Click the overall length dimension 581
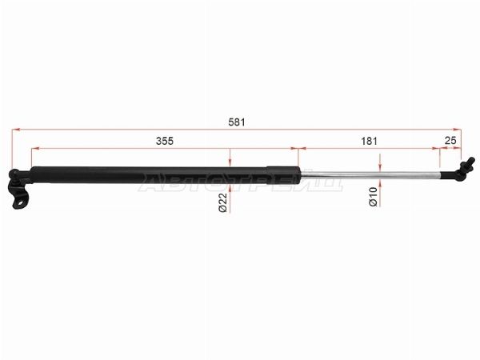point(237,122)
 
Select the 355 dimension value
point(165,141)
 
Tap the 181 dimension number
point(369,141)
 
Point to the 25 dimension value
point(450,141)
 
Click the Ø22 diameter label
point(223,202)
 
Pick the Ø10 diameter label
point(373,197)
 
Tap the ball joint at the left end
point(14,174)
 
